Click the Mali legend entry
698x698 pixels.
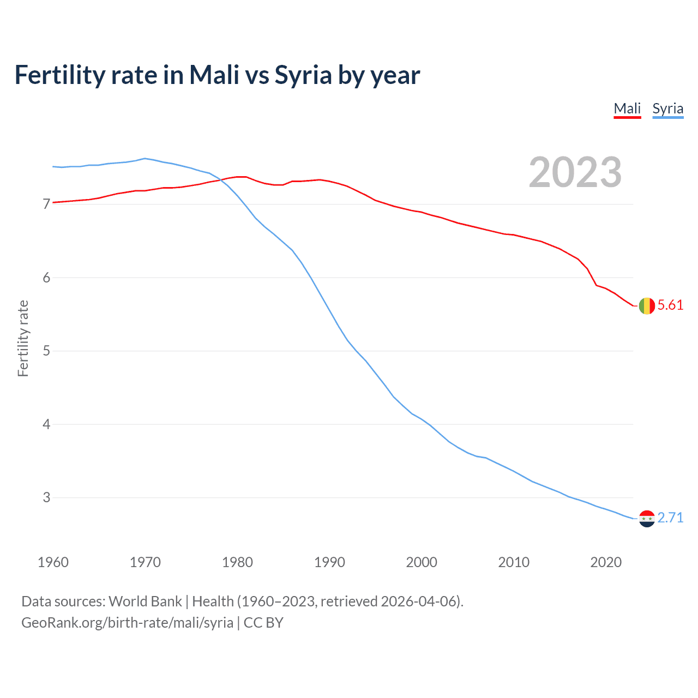tap(627, 109)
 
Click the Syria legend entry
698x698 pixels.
tap(667, 109)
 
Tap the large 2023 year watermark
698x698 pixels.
tap(575, 172)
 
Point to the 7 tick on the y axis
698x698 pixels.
tap(46, 204)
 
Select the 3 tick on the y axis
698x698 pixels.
tap(46, 497)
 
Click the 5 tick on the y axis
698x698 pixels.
tap(46, 351)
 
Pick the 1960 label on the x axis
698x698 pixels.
tap(53, 562)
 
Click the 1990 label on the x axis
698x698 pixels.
tap(329, 562)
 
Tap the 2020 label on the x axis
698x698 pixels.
tap(606, 562)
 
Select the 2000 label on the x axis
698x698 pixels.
tap(422, 562)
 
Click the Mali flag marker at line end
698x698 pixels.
tap(647, 306)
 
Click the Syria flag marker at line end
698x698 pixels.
tap(647, 519)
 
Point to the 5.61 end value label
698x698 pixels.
tap(670, 305)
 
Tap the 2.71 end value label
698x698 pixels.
tap(670, 518)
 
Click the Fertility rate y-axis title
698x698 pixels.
tap(23, 338)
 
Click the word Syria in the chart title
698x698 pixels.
tap(303, 75)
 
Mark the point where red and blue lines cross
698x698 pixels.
tap(222, 180)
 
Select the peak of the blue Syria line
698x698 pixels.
tap(145, 159)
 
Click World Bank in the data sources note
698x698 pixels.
tap(145, 601)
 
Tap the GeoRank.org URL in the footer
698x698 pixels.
tap(127, 623)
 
